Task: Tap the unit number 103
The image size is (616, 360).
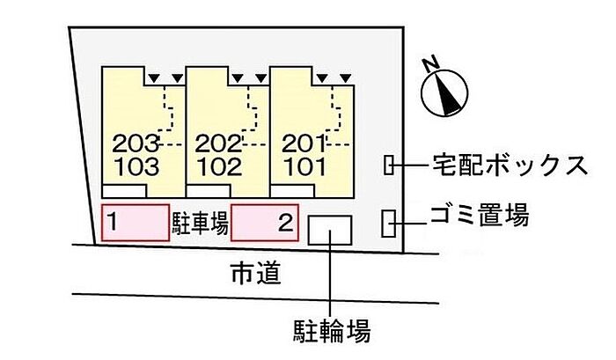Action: pos(136,165)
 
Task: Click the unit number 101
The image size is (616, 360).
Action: pos(303,165)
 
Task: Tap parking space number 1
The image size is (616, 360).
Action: pos(113,223)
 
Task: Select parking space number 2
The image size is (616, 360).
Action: pos(283,223)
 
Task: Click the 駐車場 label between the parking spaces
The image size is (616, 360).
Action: pos(200,224)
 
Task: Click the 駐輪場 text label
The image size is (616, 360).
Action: pos(331,332)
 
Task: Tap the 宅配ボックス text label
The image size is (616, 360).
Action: pos(509,165)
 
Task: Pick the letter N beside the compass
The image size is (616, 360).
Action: pos(430,65)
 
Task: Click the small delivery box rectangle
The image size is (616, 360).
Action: pos(389,165)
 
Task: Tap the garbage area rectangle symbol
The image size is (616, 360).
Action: pos(388,224)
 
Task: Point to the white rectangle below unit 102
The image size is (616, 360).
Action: pos(209,191)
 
